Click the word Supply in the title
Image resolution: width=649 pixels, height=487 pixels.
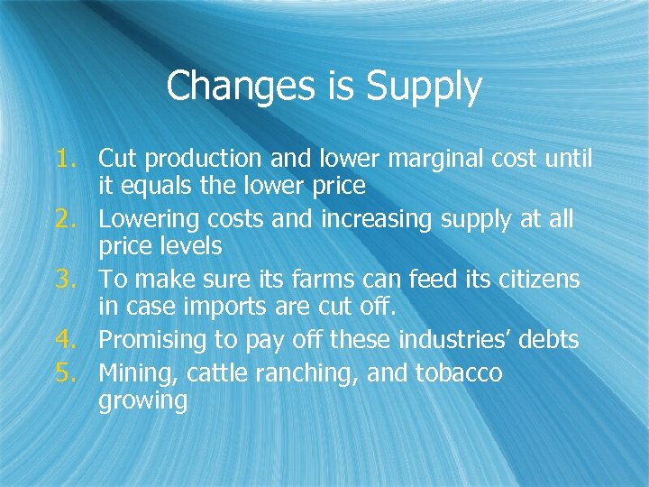point(424,87)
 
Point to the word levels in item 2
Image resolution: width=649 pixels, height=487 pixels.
point(187,246)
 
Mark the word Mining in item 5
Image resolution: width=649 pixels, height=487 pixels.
point(132,372)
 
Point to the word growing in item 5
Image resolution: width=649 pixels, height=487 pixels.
point(142,400)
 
